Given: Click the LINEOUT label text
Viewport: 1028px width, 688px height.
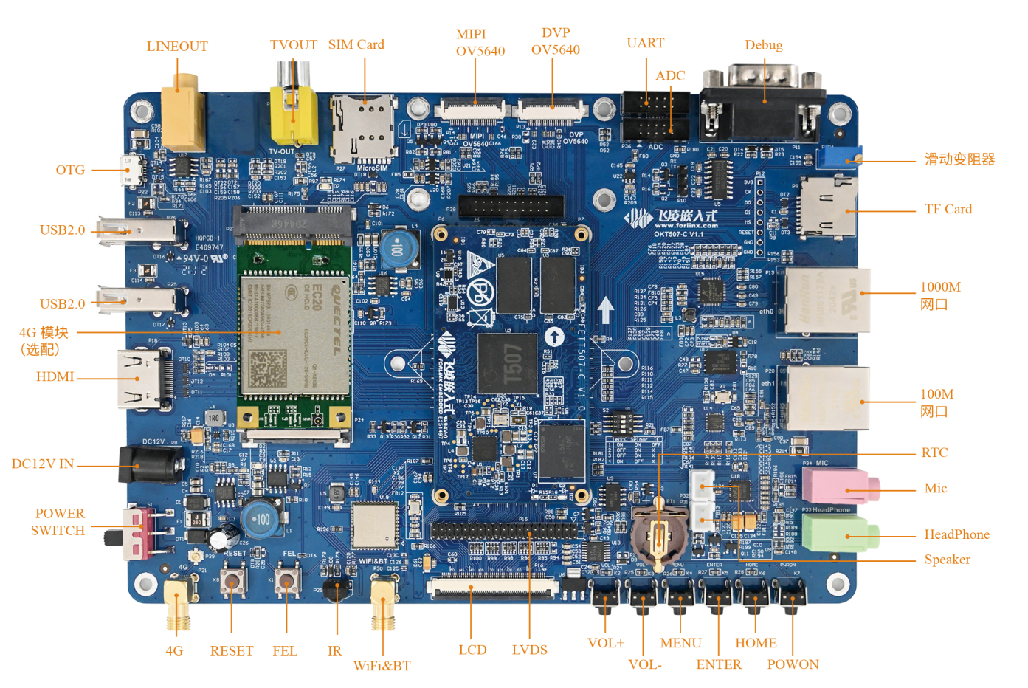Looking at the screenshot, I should (x=177, y=46).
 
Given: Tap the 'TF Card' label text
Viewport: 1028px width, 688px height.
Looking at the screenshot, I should (x=948, y=209).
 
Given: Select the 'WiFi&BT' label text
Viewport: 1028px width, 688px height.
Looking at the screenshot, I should (x=382, y=666).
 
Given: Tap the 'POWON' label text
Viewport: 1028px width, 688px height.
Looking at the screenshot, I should (x=793, y=664).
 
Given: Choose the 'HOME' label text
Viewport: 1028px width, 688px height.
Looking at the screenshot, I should (x=756, y=643).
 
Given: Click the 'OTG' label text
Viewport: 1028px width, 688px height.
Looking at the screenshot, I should (x=70, y=170).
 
